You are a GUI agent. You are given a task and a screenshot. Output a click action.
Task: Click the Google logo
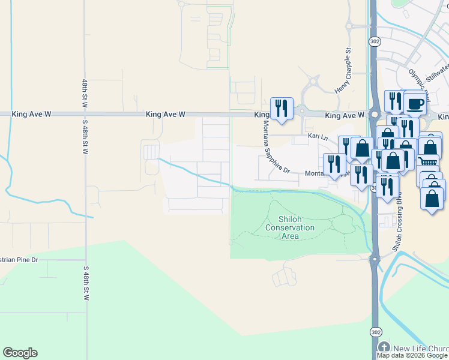pyautogui.click(x=20, y=353)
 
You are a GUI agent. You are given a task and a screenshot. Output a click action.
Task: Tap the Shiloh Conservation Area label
pyautogui.click(x=290, y=227)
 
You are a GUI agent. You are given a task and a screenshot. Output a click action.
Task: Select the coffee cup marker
pyautogui.click(x=415, y=103)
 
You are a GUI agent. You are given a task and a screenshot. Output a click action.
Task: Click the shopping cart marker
pyautogui.click(x=427, y=160)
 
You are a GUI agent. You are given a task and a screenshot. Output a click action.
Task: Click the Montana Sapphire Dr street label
pyautogui.click(x=276, y=147)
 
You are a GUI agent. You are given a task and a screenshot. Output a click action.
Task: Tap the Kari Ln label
pyautogui.click(x=318, y=137)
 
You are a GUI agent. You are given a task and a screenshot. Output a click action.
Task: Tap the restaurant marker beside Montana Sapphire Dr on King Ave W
pyautogui.click(x=282, y=108)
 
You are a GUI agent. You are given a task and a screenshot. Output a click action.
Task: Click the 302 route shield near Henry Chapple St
pyautogui.click(x=375, y=41)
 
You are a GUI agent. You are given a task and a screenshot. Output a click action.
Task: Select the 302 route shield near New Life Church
pyautogui.click(x=375, y=330)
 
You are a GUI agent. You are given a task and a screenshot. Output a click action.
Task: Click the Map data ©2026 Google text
pyautogui.click(x=412, y=355)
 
